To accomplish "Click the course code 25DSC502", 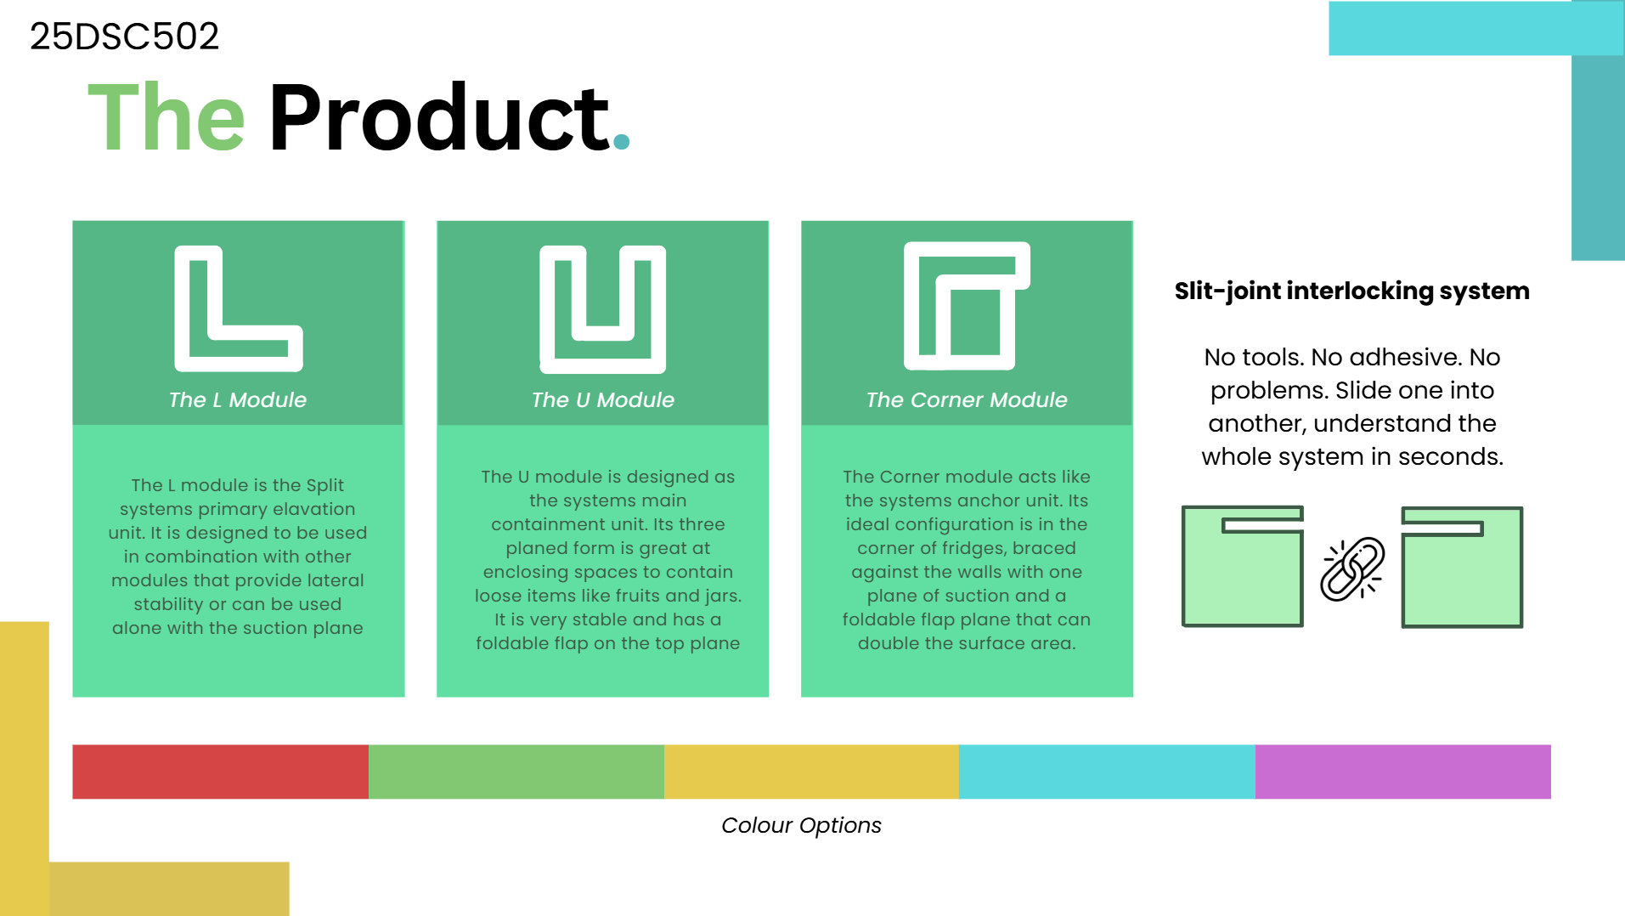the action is pyautogui.click(x=124, y=36).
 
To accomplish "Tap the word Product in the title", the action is pyautogui.click(x=439, y=117).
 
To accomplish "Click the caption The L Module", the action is pyautogui.click(x=238, y=399).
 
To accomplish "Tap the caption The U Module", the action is pyautogui.click(x=602, y=399).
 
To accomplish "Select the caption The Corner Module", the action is pyautogui.click(x=967, y=399).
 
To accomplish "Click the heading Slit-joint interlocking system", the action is pyautogui.click(x=1351, y=291).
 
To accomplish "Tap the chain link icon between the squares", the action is pyautogui.click(x=1351, y=568).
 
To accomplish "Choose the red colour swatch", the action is pyautogui.click(x=220, y=772).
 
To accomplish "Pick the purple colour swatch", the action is pyautogui.click(x=1402, y=772).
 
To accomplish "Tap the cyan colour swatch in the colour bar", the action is pyautogui.click(x=1107, y=772).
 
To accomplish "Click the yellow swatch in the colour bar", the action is pyautogui.click(x=811, y=772).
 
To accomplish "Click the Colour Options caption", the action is pyautogui.click(x=801, y=825).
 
